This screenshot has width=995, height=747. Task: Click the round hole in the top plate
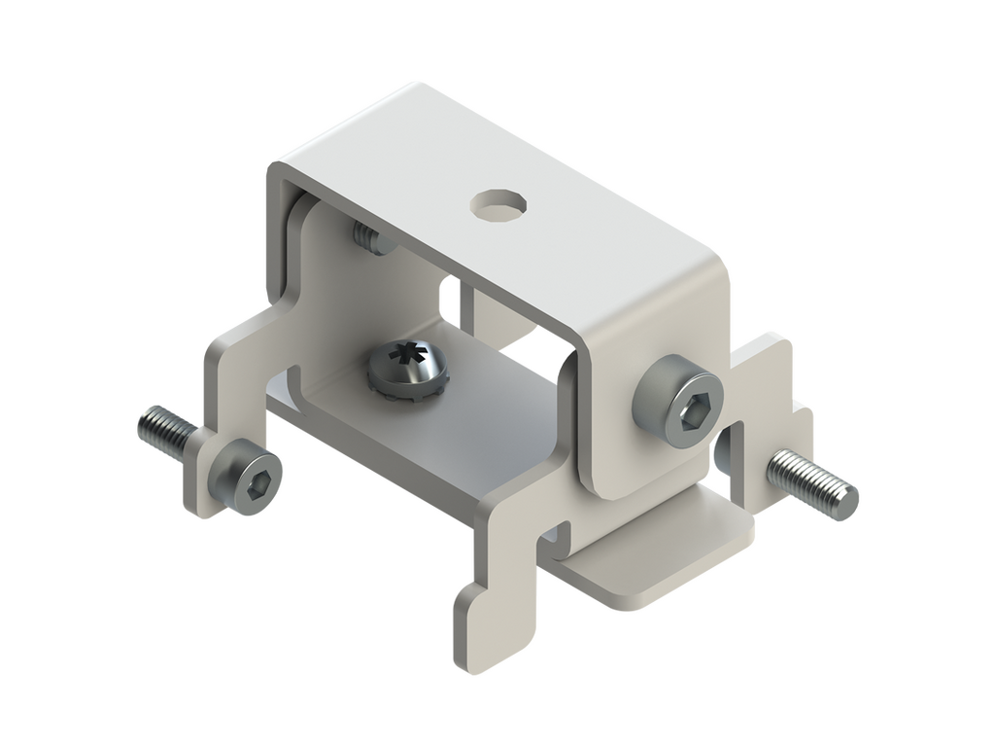pyautogui.click(x=499, y=206)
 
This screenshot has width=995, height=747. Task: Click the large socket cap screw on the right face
pyautogui.click(x=679, y=401)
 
